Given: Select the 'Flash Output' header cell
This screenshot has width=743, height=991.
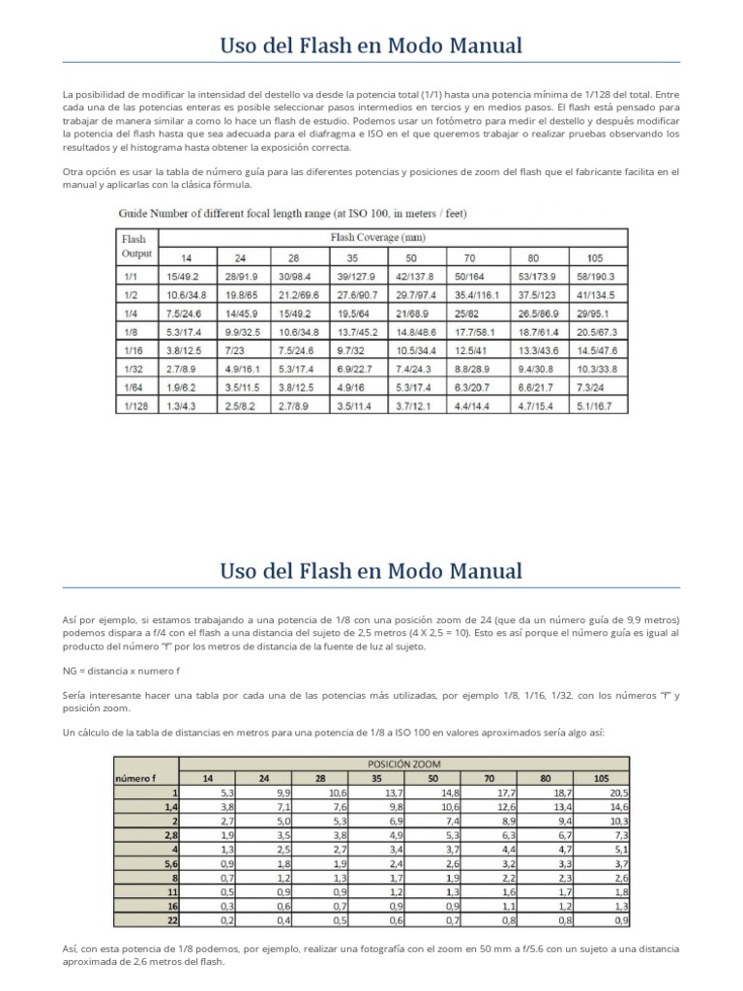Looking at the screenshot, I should click(x=136, y=246).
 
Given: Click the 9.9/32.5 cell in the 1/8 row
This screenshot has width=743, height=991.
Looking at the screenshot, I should click(x=242, y=332).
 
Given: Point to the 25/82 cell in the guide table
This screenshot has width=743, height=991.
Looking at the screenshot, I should click(x=469, y=314).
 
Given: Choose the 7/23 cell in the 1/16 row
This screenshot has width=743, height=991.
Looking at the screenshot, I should click(x=235, y=350).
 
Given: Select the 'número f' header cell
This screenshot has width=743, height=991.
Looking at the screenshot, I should click(x=134, y=777).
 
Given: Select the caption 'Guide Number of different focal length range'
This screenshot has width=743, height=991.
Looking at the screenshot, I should click(x=281, y=211).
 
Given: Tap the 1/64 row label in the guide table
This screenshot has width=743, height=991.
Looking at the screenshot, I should click(x=133, y=388).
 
